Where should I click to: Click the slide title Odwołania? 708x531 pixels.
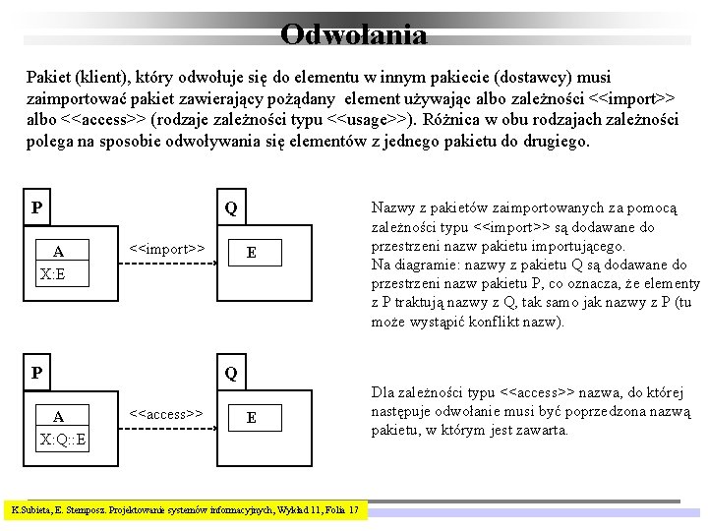click(x=353, y=35)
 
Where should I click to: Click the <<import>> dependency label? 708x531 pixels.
click(x=167, y=248)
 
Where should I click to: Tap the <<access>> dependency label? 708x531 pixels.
click(x=167, y=413)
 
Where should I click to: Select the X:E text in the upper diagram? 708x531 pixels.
click(x=53, y=273)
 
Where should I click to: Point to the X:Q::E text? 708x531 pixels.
click(x=62, y=439)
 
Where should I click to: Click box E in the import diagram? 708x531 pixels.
click(x=252, y=253)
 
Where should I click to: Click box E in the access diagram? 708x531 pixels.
click(x=252, y=418)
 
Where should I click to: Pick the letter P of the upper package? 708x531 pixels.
click(x=36, y=207)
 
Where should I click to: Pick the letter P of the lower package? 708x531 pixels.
click(x=36, y=373)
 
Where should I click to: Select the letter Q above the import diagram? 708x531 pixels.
click(x=230, y=208)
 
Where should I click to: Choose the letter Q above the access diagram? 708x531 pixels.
click(x=230, y=374)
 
